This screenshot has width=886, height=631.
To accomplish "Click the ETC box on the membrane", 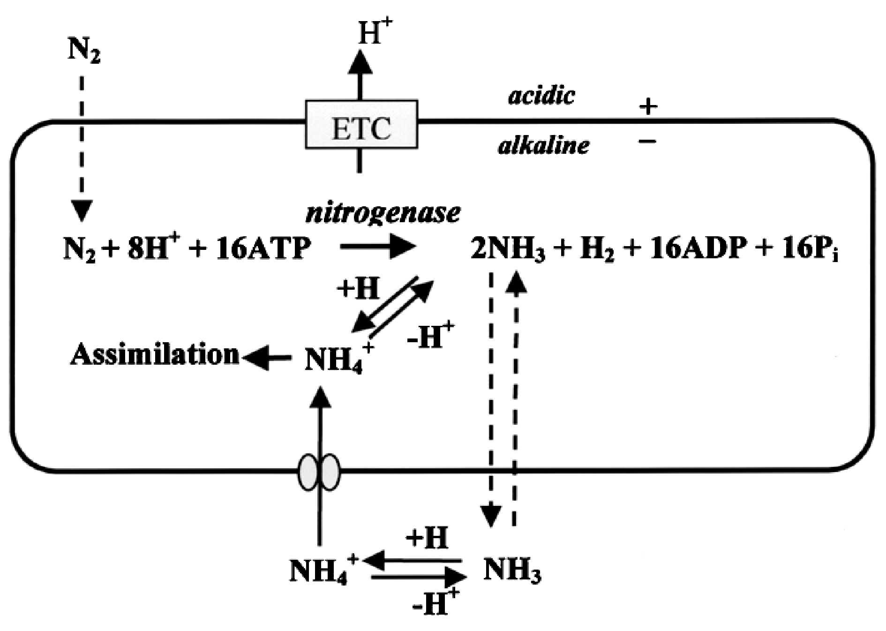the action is click(x=361, y=124).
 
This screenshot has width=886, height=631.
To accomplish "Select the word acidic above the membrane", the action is click(x=541, y=96).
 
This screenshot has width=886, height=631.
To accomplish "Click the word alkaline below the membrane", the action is click(x=543, y=146).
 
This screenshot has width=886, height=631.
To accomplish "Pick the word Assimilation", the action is click(x=155, y=354).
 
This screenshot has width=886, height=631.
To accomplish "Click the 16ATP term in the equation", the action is click(x=264, y=249).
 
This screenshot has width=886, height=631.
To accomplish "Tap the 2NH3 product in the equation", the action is click(x=508, y=250).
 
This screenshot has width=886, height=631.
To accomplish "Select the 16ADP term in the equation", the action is click(x=698, y=249).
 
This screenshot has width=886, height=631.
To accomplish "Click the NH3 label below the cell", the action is click(x=512, y=571).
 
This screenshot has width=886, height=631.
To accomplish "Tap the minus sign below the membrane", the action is click(x=647, y=140).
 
